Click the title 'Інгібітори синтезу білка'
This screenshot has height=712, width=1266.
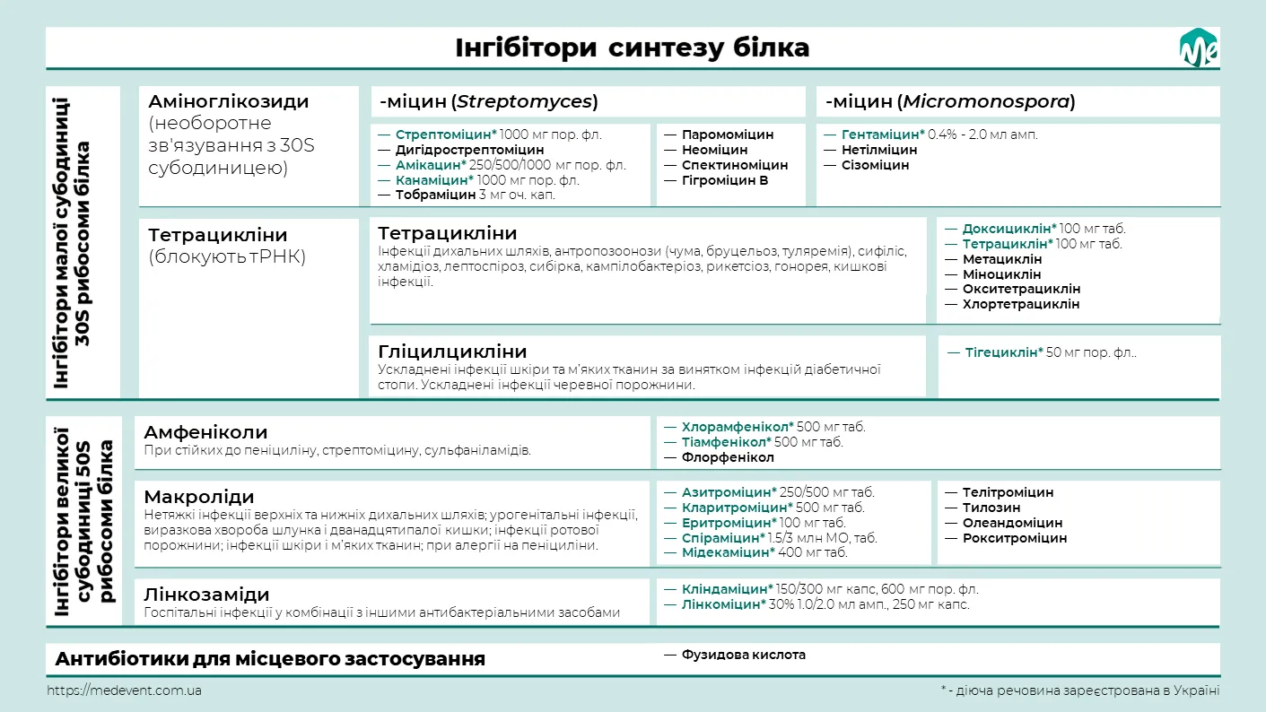[x=632, y=48]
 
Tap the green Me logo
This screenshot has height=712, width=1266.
[x=1198, y=48]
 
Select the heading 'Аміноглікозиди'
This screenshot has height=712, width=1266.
[x=228, y=101]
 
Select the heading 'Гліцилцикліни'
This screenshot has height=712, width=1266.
[x=452, y=351]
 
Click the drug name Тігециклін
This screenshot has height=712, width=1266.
[x=1004, y=352]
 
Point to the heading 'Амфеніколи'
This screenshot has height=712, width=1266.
[x=205, y=432]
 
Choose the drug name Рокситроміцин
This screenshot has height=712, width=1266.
[x=1015, y=538]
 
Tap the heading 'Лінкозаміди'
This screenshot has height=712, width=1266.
[x=206, y=595]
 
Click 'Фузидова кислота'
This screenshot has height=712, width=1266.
[x=743, y=655]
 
